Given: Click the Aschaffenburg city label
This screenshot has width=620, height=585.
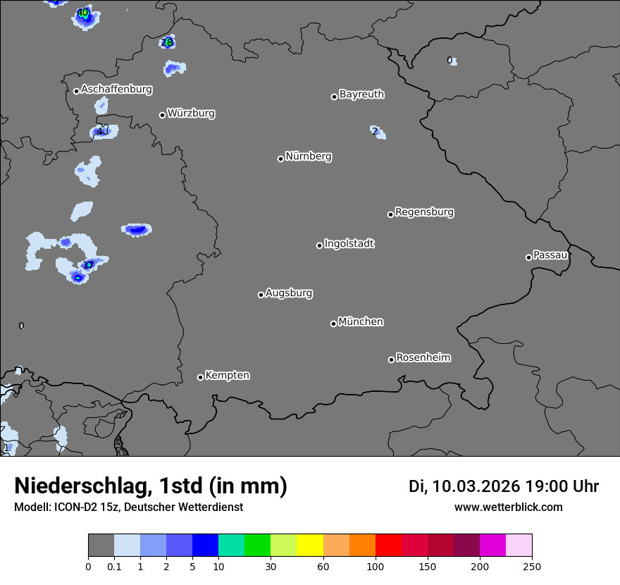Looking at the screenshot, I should [116, 90].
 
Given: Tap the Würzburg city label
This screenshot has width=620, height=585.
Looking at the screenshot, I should [191, 113].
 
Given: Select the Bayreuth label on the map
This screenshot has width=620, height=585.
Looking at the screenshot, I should [361, 94].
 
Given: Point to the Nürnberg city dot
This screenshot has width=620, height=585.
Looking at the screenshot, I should [280, 159].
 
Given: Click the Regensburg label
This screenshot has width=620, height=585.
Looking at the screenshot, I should [424, 212].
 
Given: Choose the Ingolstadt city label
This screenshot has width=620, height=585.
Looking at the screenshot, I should [349, 244].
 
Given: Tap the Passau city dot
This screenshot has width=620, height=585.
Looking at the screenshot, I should [528, 257].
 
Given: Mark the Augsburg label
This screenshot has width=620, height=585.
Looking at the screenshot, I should [289, 293].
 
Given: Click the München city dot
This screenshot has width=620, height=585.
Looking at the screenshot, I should [333, 324].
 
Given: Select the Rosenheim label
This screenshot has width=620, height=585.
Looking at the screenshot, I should [423, 358].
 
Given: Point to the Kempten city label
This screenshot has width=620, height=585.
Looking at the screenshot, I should [227, 376].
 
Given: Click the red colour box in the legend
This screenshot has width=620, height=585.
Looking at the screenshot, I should [388, 546].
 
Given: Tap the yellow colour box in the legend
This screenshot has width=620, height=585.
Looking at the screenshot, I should [310, 546].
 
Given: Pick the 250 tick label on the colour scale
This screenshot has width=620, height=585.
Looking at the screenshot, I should [532, 566].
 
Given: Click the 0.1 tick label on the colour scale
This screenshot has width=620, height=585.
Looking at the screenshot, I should [114, 566].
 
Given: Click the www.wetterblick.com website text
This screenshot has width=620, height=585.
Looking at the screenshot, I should [509, 507].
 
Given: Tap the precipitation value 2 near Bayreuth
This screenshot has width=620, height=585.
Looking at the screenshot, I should [376, 131].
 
